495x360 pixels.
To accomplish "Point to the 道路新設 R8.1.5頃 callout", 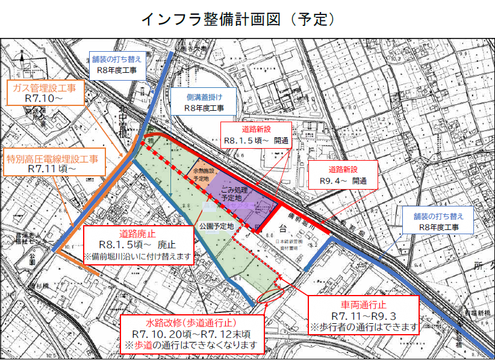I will pos(257,135).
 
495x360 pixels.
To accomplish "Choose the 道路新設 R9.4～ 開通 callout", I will pos(342,175).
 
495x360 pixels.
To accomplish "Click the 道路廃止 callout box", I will pos(137,244).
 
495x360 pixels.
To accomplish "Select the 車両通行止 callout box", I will pos(363,315).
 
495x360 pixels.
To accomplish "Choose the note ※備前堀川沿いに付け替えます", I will pos(138,256).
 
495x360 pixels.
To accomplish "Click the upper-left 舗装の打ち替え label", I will pos(117,64).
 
